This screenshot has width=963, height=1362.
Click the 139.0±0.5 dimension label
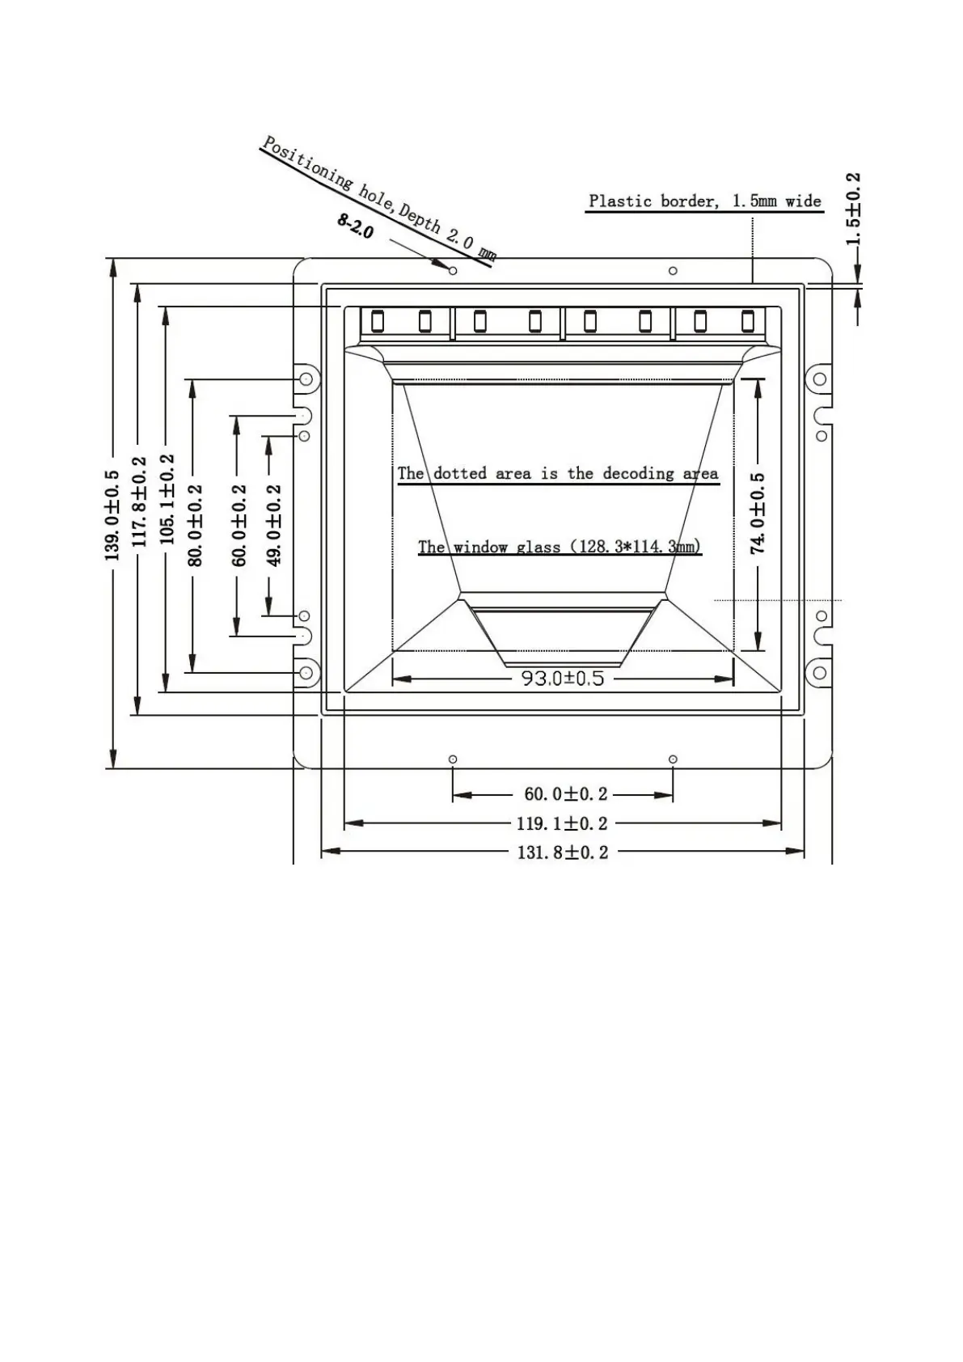click(112, 515)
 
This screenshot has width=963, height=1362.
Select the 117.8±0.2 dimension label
click(140, 501)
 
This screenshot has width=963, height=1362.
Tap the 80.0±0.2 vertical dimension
click(195, 525)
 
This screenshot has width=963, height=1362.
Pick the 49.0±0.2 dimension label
click(274, 525)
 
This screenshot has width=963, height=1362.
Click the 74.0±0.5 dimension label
click(758, 513)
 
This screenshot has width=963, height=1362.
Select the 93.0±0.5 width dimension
click(562, 678)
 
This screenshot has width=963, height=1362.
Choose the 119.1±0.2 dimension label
click(562, 823)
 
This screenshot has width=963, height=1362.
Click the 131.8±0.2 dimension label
click(562, 852)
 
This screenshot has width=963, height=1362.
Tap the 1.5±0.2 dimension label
click(853, 209)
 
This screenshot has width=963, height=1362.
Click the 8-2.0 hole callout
click(356, 226)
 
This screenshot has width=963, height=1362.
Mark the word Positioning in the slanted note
click(307, 165)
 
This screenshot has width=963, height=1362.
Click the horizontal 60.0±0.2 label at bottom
click(565, 795)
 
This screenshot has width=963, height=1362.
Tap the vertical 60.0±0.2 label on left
click(239, 525)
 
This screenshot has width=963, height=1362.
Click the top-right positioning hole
click(673, 271)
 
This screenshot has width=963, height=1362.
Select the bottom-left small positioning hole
click(453, 759)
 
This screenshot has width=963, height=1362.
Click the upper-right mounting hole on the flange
click(819, 379)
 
